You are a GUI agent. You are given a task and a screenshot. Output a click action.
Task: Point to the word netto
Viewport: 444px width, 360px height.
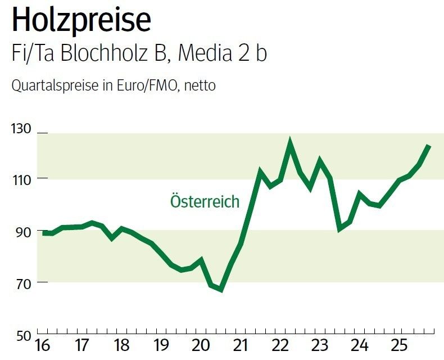point(200,86)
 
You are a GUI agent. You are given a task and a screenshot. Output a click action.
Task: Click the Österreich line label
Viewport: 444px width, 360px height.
point(205,201)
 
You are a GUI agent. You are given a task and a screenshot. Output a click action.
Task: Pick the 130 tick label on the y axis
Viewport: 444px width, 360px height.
point(21,128)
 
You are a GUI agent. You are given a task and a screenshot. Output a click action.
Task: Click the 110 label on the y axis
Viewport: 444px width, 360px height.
point(21,179)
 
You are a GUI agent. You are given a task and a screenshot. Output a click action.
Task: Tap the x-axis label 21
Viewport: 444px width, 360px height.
point(241,344)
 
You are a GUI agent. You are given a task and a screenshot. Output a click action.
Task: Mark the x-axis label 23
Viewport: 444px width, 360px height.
point(320,344)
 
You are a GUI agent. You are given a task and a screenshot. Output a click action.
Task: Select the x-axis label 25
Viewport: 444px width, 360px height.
point(399,344)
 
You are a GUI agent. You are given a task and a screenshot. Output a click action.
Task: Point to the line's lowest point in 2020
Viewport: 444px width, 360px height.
point(221,290)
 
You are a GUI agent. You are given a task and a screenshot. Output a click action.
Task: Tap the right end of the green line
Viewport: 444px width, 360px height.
point(429,146)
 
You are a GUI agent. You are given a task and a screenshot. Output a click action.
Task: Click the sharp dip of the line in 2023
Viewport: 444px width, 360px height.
point(339,228)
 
